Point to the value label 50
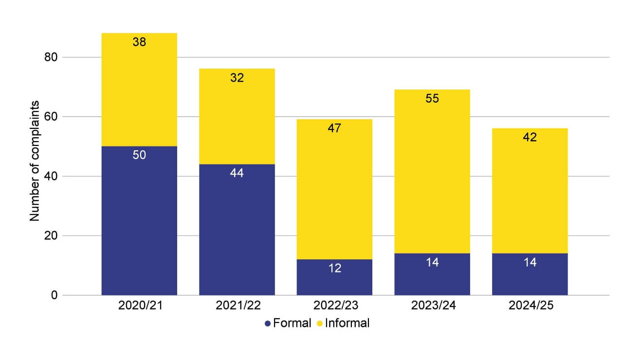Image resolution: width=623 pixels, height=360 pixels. tap(139, 155)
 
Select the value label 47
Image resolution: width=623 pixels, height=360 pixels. tap(334, 128)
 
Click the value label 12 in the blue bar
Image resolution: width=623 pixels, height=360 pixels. tap(334, 268)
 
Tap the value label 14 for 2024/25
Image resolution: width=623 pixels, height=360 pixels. tap(530, 262)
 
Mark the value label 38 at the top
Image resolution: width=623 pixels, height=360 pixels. tap(139, 42)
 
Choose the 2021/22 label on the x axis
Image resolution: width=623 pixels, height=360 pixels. tap(237, 306)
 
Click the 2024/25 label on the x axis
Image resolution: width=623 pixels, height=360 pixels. tap(530, 306)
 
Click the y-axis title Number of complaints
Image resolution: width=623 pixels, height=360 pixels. tap(35, 161)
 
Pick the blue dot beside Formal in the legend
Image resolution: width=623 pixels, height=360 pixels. tap(267, 324)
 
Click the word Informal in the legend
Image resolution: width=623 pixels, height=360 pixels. tap(347, 323)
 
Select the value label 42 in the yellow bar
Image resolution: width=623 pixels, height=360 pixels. tap(530, 137)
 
